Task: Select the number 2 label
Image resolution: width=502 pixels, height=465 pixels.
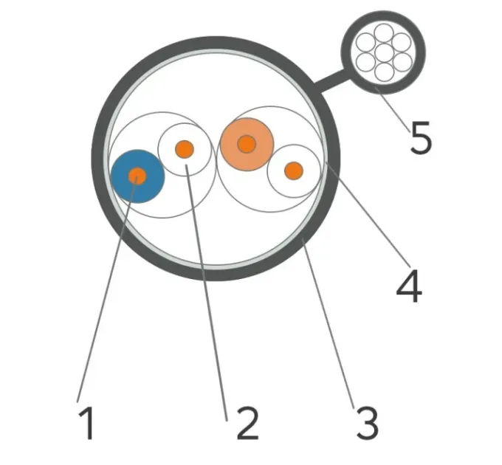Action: tap(247, 423)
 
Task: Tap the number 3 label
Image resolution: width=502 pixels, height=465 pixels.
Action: tap(368, 423)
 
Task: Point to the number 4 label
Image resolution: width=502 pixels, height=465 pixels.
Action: tap(409, 286)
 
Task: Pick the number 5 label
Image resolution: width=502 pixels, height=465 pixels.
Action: tap(421, 137)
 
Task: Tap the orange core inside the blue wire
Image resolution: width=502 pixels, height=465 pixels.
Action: tap(137, 176)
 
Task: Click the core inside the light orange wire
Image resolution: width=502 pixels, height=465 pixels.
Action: tap(247, 144)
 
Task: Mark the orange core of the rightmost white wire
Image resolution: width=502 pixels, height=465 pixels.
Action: tap(294, 170)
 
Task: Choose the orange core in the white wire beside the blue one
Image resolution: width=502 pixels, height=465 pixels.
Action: tap(185, 149)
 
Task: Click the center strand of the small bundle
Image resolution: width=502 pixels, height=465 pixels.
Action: tap(384, 53)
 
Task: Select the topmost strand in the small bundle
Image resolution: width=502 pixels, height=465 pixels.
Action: tap(384, 33)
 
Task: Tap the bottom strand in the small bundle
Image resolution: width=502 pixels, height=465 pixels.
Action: tap(384, 72)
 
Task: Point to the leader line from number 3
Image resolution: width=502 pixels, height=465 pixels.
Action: tap(329, 325)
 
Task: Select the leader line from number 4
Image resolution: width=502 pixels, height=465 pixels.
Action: tap(367, 214)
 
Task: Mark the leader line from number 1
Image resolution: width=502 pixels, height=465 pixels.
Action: tap(107, 289)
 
